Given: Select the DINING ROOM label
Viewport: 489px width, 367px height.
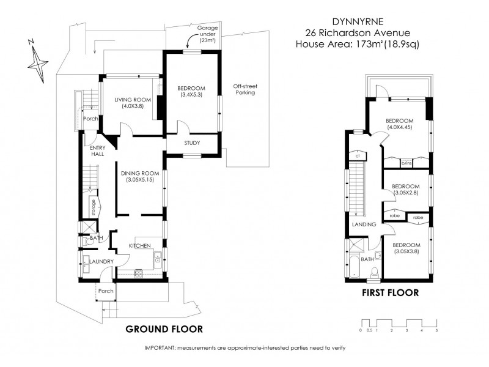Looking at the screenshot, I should click(139, 177).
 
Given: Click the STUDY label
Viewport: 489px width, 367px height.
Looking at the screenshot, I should click(191, 144).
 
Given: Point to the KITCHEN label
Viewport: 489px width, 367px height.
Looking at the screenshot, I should click(139, 245).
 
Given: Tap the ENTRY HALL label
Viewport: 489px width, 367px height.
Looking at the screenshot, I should click(98, 151).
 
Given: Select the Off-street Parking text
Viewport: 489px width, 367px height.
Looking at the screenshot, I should click(244, 89).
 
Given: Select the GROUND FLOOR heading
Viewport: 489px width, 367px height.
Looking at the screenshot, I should click(164, 328).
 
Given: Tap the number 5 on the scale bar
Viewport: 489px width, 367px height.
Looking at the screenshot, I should click(436, 330).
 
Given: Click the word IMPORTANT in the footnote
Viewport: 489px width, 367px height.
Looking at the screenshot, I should click(159, 347).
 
